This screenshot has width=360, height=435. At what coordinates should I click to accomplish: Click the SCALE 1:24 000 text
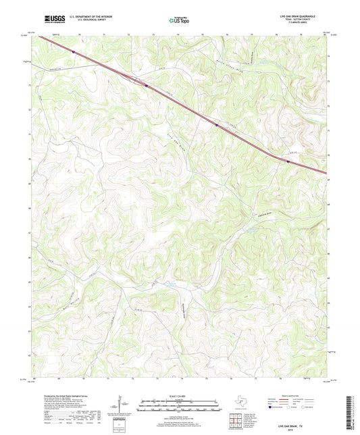tap(180, 396)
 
